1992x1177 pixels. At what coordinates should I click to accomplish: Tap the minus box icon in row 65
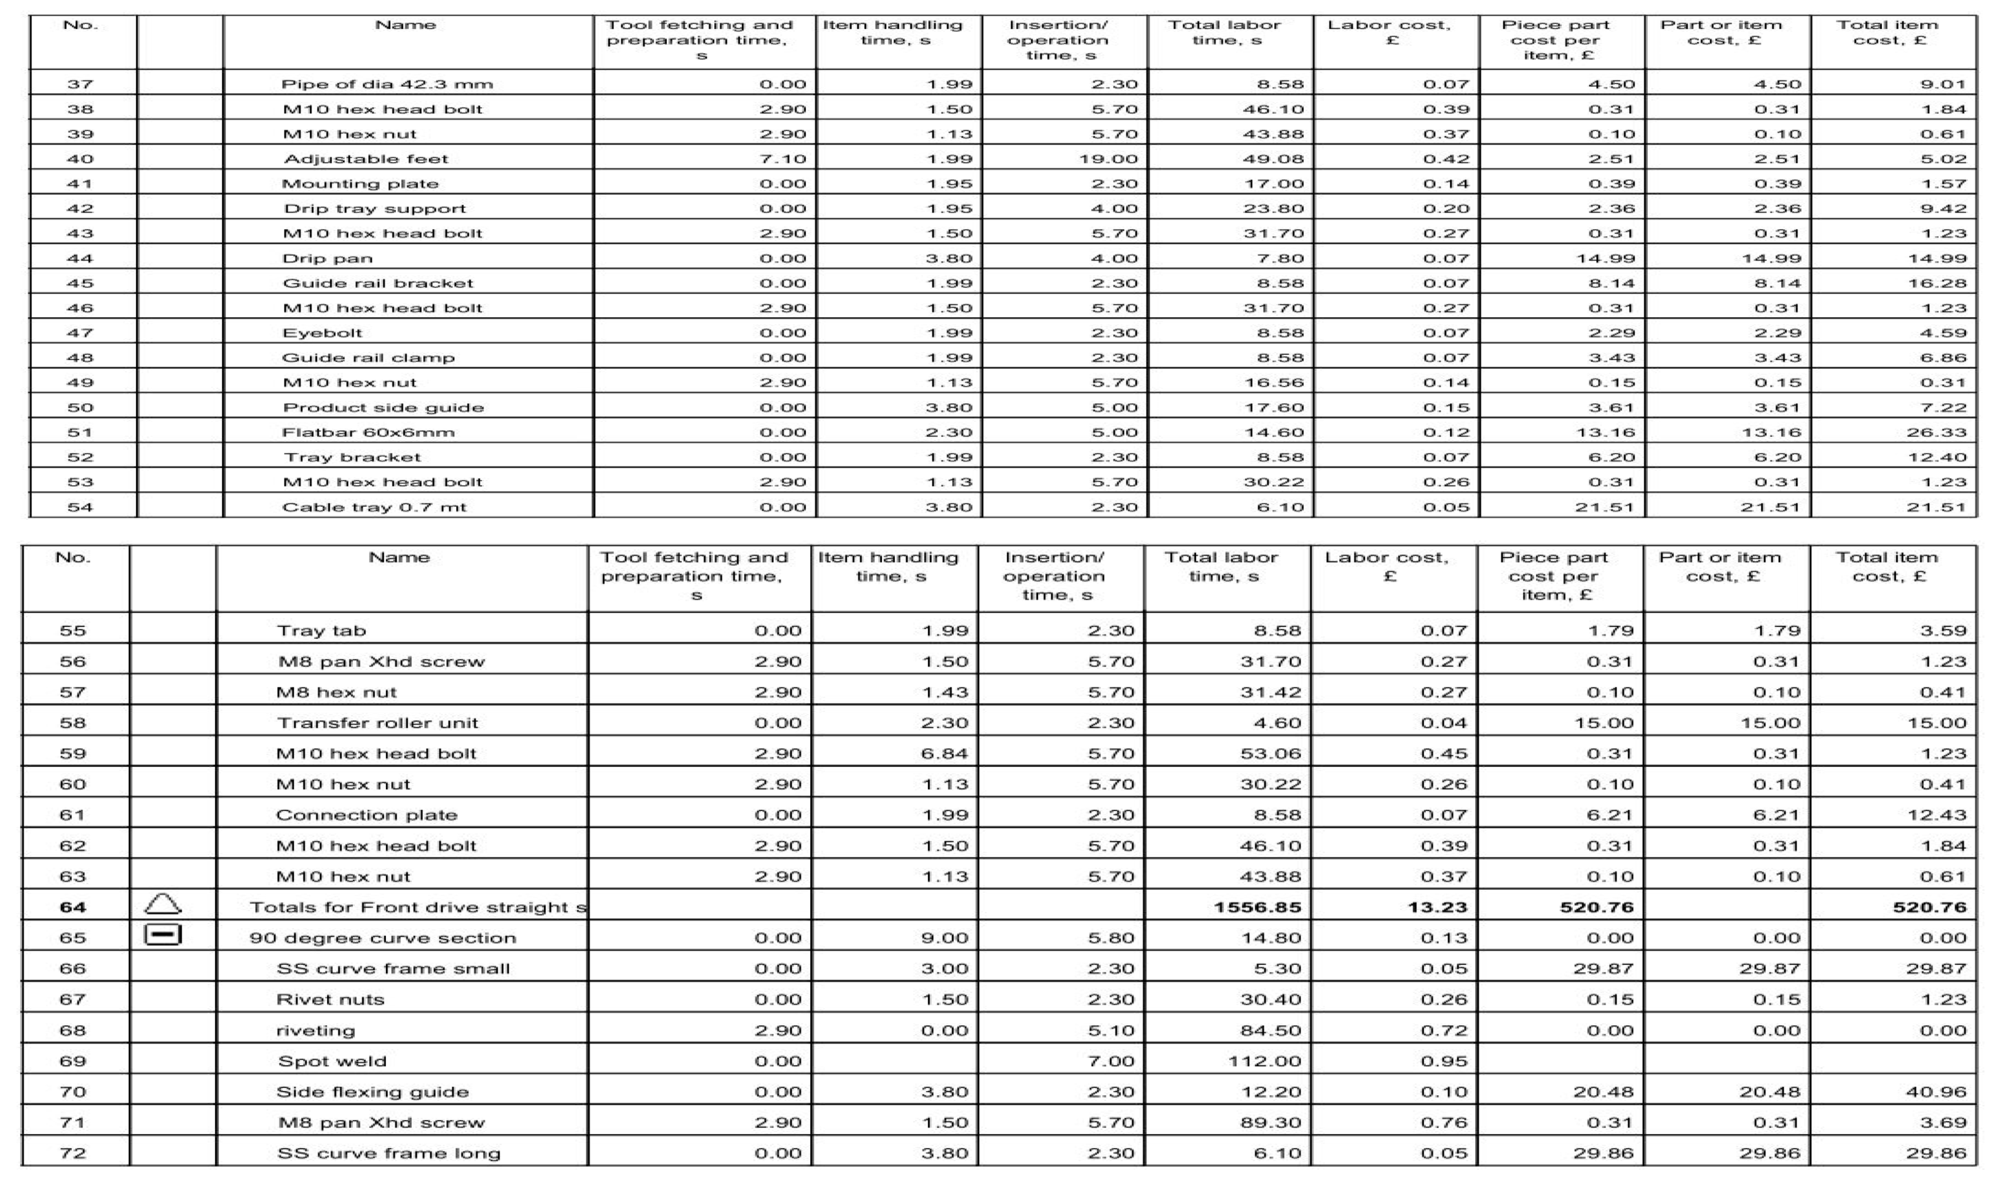coord(163,936)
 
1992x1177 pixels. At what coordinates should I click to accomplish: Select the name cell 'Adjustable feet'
coord(366,159)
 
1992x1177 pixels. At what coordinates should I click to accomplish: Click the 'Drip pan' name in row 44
coord(328,258)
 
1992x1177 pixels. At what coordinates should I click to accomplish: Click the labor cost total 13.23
coord(1437,907)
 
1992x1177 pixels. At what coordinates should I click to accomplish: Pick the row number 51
coord(80,432)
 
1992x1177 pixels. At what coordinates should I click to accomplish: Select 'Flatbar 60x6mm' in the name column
coord(369,432)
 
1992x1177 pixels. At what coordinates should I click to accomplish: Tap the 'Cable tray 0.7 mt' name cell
coord(374,507)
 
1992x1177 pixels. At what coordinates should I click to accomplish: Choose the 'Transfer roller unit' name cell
coord(377,723)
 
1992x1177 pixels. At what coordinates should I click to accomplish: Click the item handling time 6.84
coord(945,753)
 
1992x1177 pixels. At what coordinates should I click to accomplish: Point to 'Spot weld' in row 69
coord(332,1061)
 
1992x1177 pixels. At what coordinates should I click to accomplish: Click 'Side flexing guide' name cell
coord(372,1092)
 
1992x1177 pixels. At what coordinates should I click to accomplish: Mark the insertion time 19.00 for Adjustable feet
coord(1108,159)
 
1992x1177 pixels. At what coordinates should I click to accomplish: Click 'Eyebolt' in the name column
coord(323,333)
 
